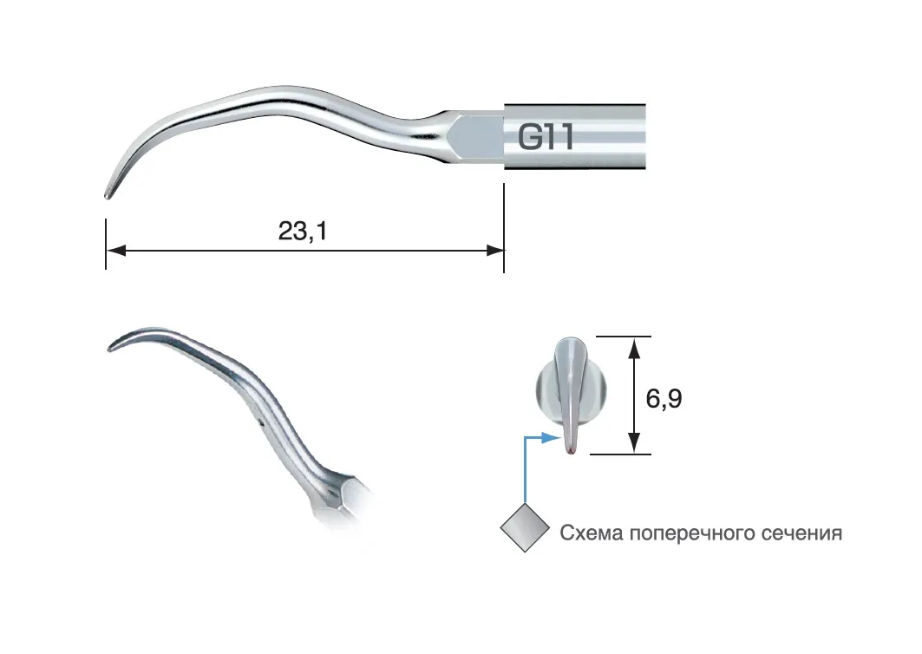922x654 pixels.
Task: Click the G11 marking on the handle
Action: (545, 137)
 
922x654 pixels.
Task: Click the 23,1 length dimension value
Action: (303, 231)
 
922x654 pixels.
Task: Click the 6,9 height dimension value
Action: (664, 399)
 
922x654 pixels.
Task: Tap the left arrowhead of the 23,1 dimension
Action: (116, 251)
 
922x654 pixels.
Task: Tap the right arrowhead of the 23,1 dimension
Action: (494, 251)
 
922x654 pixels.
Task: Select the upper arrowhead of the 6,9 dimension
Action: (634, 348)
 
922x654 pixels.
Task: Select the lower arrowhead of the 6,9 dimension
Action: (634, 442)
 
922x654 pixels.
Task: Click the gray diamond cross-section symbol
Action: (525, 527)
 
